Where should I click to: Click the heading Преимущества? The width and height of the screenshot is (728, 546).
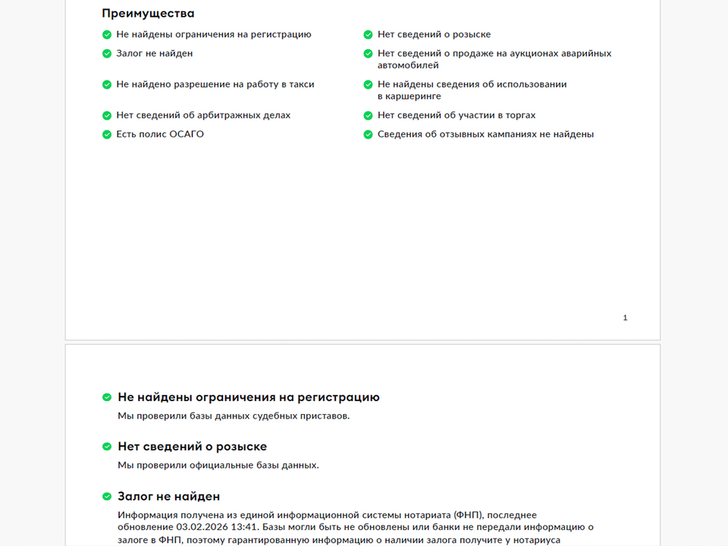tap(148, 14)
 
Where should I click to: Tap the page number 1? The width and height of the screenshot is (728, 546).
tap(625, 318)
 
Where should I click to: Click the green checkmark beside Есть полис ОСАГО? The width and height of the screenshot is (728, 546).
tap(107, 134)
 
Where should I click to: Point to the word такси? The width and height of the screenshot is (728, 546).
tap(300, 84)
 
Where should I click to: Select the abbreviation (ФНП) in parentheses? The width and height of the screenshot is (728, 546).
tap(472, 515)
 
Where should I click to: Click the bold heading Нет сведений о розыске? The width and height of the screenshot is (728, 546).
tap(192, 447)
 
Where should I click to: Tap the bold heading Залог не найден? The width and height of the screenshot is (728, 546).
tap(168, 497)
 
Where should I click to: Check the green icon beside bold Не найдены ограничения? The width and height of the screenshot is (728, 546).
tap(107, 397)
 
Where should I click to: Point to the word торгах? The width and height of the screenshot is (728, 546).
tap(519, 115)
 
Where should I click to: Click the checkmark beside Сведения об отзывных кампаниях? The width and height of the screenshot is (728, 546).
tap(368, 134)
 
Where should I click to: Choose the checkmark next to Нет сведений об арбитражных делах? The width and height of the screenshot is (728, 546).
tap(107, 115)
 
